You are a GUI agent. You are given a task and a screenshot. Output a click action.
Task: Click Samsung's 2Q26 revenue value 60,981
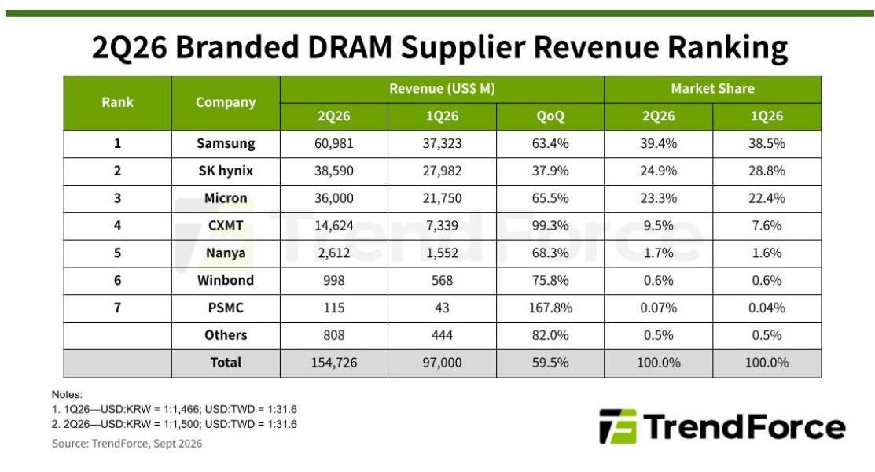click(x=333, y=143)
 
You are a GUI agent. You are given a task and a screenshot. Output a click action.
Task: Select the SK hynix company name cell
click(x=226, y=171)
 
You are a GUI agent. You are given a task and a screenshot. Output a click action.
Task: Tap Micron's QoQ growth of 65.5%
click(x=550, y=198)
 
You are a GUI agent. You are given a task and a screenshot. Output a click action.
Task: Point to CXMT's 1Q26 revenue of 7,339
click(x=442, y=226)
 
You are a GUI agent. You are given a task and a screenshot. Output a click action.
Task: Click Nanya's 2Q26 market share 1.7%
click(x=659, y=253)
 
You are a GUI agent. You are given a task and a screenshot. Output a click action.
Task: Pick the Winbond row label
click(x=226, y=280)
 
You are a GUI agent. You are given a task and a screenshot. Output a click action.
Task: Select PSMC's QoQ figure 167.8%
click(x=550, y=308)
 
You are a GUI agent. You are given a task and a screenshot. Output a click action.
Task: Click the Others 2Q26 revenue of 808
click(x=333, y=335)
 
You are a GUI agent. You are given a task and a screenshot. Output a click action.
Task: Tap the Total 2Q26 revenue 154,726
click(x=333, y=363)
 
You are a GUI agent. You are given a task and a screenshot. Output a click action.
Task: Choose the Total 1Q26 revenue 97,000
click(x=442, y=363)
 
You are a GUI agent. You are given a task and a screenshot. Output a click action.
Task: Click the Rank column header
click(x=117, y=102)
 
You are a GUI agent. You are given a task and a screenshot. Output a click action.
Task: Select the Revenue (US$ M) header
click(x=442, y=89)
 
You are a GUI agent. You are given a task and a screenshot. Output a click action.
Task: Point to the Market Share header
click(x=712, y=89)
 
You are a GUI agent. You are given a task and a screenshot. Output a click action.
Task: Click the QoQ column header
click(x=550, y=116)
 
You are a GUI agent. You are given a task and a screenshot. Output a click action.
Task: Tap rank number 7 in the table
click(x=117, y=308)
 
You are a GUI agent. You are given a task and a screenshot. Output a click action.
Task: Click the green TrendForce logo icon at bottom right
click(x=618, y=426)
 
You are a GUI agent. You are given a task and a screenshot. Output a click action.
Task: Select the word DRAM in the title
click(x=349, y=47)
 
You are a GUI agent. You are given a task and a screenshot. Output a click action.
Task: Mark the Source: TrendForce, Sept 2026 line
click(x=127, y=444)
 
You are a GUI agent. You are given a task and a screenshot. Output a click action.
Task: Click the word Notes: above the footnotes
click(x=67, y=394)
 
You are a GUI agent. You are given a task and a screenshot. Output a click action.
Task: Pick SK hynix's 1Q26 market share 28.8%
click(x=767, y=171)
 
